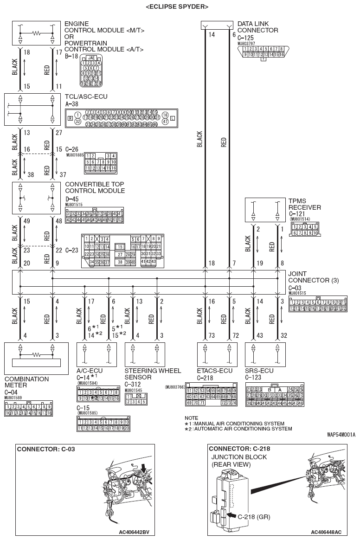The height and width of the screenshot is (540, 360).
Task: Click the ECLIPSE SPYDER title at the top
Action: coord(177,6)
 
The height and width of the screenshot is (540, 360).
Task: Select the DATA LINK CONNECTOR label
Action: coord(257,27)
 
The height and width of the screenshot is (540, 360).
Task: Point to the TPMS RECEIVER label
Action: coord(304,204)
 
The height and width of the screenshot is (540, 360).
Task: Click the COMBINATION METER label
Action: coord(26,382)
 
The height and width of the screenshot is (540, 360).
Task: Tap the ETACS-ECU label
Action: coord(214,371)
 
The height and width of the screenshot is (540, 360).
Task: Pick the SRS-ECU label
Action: coord(259,371)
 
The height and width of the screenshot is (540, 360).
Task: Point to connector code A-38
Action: coord(73,105)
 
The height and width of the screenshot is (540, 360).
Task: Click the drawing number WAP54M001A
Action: coord(341,435)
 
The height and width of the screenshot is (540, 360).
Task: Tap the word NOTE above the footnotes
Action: coord(191,418)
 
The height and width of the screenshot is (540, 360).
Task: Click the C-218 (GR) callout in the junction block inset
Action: coord(254,517)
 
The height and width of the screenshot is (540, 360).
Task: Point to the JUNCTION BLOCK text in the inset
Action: coord(239,457)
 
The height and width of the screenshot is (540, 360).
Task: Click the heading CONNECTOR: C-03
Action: coord(46,449)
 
